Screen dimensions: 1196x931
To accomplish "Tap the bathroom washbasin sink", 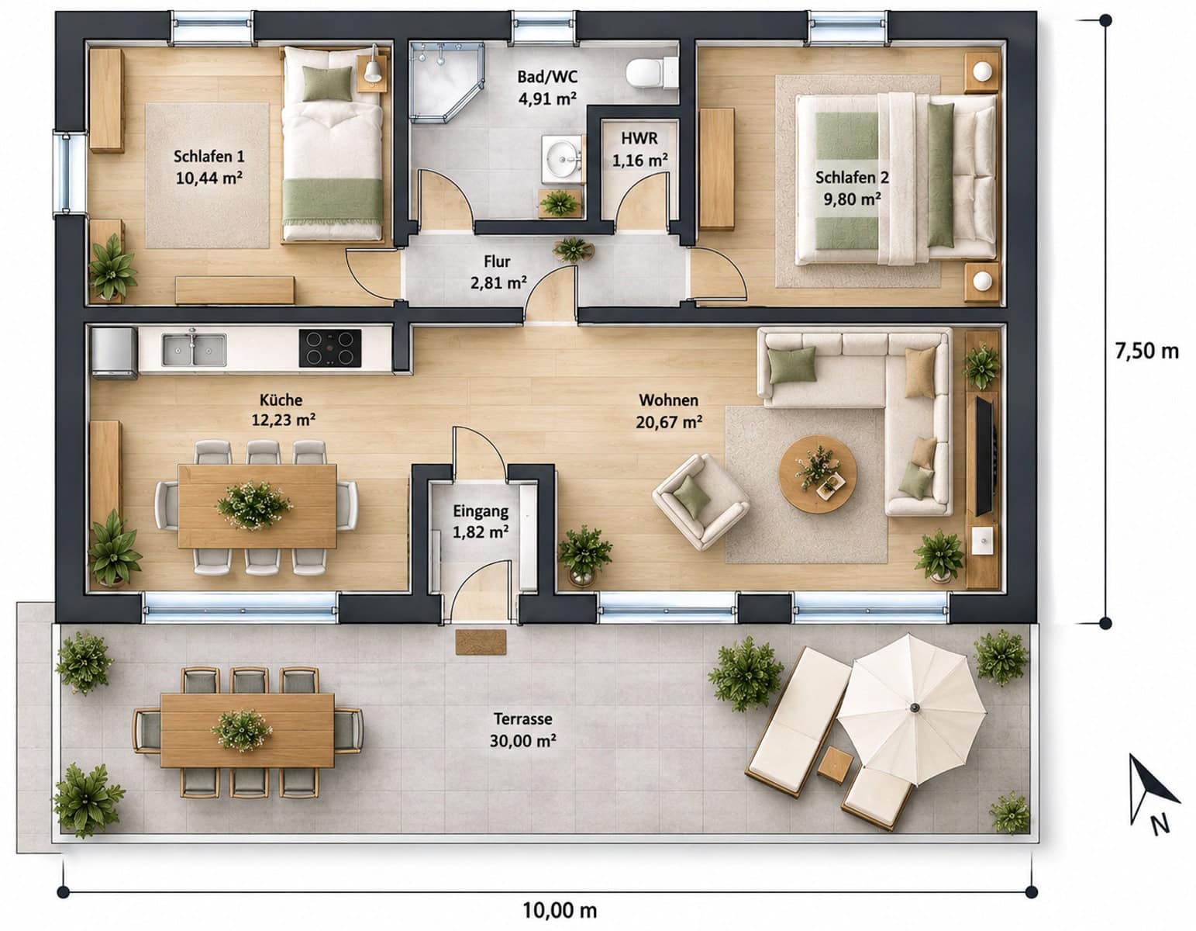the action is point(562,158).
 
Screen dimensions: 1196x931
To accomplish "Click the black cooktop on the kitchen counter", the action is point(330,348).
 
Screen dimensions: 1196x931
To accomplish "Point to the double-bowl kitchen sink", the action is point(194,350).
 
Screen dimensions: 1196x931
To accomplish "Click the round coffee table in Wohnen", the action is point(817,474).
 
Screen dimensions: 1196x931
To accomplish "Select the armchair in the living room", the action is point(700,502).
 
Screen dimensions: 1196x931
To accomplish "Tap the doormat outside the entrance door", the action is point(481,642).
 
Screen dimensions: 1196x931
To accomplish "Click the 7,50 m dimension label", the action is point(1147,351).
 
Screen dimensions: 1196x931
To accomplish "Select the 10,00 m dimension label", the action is point(559,910).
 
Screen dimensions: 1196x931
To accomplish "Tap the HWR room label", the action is point(639,138).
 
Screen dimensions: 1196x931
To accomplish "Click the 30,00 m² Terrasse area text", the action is point(522,741).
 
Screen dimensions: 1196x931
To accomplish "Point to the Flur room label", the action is point(497,261).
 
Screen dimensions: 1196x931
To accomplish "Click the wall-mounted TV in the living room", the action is point(984,455).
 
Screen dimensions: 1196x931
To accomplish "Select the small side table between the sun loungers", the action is point(835,767).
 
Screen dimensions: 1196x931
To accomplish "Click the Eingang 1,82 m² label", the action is point(481,521).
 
